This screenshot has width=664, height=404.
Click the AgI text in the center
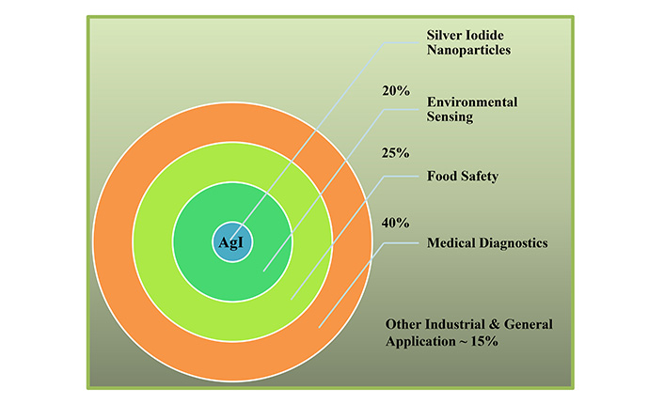pyautogui.click(x=231, y=242)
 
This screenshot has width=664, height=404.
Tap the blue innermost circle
pyautogui.click(x=232, y=242)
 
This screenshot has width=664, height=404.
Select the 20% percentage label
pyautogui.click(x=396, y=91)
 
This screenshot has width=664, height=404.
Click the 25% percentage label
pyautogui.click(x=396, y=153)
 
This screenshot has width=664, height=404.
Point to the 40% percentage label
pyautogui.click(x=396, y=223)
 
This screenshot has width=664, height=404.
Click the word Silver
pyautogui.click(x=444, y=35)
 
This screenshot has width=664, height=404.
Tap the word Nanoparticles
pyautogui.click(x=468, y=51)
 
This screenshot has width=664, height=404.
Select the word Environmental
pyautogui.click(x=472, y=102)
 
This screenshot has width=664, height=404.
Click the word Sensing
pyautogui.click(x=450, y=117)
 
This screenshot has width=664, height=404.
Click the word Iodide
pyautogui.click(x=484, y=35)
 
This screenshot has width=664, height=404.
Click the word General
pyautogui.click(x=528, y=324)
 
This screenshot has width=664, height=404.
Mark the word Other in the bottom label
pyautogui.click(x=403, y=324)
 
